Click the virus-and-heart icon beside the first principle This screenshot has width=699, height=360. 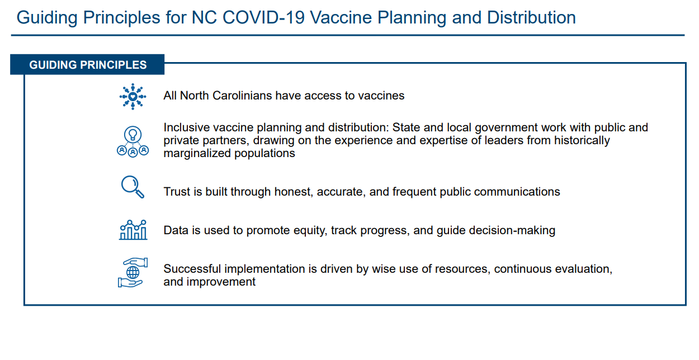(x=133, y=96)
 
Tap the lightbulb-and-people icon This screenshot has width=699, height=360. (x=133, y=141)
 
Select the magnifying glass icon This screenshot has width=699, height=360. (x=133, y=187)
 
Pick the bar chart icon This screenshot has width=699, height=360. (x=133, y=230)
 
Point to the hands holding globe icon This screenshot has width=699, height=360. (x=133, y=273)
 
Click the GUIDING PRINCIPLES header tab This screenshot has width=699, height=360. (x=87, y=65)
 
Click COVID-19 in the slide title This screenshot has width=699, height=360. (x=263, y=17)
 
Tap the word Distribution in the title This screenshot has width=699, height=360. (x=531, y=17)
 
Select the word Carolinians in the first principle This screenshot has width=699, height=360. (x=242, y=96)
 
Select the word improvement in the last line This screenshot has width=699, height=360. (x=221, y=282)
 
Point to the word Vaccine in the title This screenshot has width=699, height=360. (x=341, y=17)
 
